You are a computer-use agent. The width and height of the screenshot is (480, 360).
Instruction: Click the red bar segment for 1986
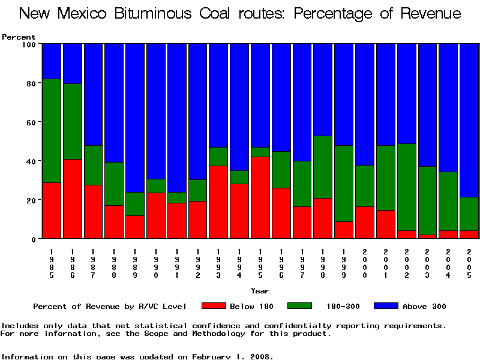pos(73,199)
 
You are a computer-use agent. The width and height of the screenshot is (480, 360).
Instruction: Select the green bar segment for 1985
pos(52,131)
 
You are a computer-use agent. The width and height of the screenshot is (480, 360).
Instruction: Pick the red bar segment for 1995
pos(260,197)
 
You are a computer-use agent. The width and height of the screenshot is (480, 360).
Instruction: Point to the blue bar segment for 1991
pos(177,118)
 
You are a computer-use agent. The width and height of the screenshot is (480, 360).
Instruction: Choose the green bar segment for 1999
pos(344,184)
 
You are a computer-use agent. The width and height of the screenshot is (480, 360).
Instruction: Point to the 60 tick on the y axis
pos(40,122)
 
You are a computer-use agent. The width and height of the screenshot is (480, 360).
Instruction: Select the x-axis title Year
pos(260,291)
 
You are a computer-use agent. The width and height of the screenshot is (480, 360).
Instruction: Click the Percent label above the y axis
pos(19,37)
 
